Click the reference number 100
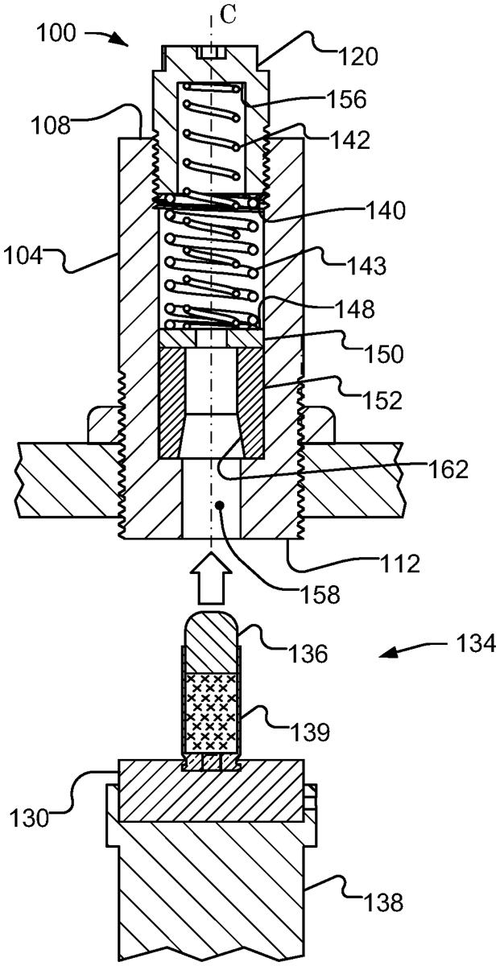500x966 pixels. point(56,33)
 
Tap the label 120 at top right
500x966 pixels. point(358,56)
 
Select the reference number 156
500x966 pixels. point(346,99)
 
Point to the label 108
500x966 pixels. point(51,126)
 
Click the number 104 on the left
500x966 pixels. point(23,257)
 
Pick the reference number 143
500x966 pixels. point(366,266)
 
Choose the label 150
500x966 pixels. point(383,353)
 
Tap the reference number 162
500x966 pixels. point(448,469)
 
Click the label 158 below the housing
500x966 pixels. point(320,595)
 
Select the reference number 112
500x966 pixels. point(400,563)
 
